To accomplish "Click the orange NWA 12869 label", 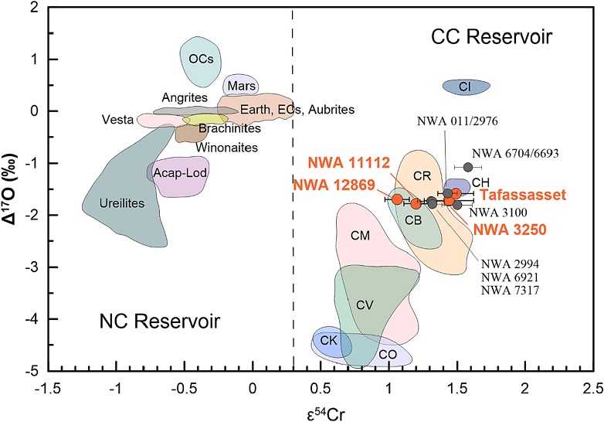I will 333,185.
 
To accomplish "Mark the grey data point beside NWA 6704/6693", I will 468,167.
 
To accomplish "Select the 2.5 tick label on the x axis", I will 592,387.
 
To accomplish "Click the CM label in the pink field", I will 360,234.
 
